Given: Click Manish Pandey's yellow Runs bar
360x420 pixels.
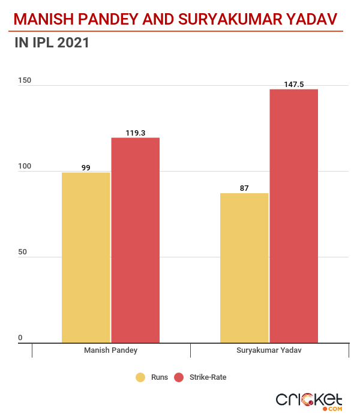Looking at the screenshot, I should click(x=86, y=257).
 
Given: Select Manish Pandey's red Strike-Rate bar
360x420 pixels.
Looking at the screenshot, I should click(x=135, y=240).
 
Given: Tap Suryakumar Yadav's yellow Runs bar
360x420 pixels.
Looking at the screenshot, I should click(x=244, y=268).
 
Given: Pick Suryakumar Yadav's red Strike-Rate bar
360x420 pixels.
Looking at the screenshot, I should click(x=294, y=216).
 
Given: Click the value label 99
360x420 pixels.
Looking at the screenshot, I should click(x=86, y=168).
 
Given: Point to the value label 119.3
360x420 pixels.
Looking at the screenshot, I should click(x=136, y=133).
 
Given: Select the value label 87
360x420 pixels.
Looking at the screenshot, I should click(x=244, y=188).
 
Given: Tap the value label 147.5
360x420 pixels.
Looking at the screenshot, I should click(x=294, y=85).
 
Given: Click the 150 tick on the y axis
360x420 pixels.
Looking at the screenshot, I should click(x=25, y=81).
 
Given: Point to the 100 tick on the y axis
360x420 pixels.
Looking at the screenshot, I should click(x=25, y=167).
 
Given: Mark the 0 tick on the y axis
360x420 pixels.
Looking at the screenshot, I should click(x=20, y=338).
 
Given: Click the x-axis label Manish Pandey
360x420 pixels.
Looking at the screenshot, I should click(x=110, y=350).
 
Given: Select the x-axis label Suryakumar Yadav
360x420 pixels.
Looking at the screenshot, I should click(x=269, y=350).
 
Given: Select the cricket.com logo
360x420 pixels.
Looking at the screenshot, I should click(x=309, y=401).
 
